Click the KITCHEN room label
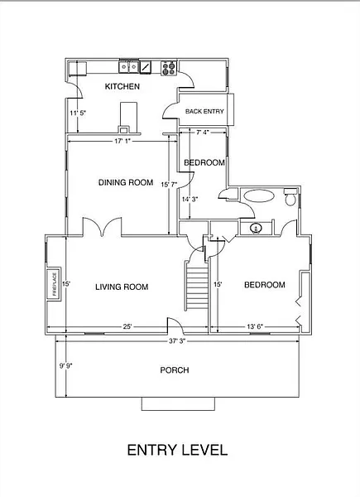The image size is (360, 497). pos(122,86)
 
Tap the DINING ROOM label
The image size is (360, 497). pos(126,182)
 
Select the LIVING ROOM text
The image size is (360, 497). pos(122,287)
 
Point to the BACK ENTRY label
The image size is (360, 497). pos(204,111)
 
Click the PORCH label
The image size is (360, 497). pos(175,370)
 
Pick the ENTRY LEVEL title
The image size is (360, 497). pos(177,450)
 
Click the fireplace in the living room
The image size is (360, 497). pos(54,284)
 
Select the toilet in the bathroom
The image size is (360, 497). pos(290,197)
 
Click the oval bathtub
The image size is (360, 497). pos(259,195)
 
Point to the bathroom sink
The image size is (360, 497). pos(256,228)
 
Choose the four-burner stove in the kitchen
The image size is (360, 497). pos(169,68)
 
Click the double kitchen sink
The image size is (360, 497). pos(129,66)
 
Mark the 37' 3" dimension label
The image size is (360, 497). pos(177,341)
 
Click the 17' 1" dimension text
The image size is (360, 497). pos(122,141)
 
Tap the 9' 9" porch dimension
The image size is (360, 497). pos(66,366)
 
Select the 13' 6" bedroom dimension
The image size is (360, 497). pos(255,326)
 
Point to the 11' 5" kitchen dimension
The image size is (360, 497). pos(78,113)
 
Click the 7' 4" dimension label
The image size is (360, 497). pos(203,133)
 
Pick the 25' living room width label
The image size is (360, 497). pos(127,326)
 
